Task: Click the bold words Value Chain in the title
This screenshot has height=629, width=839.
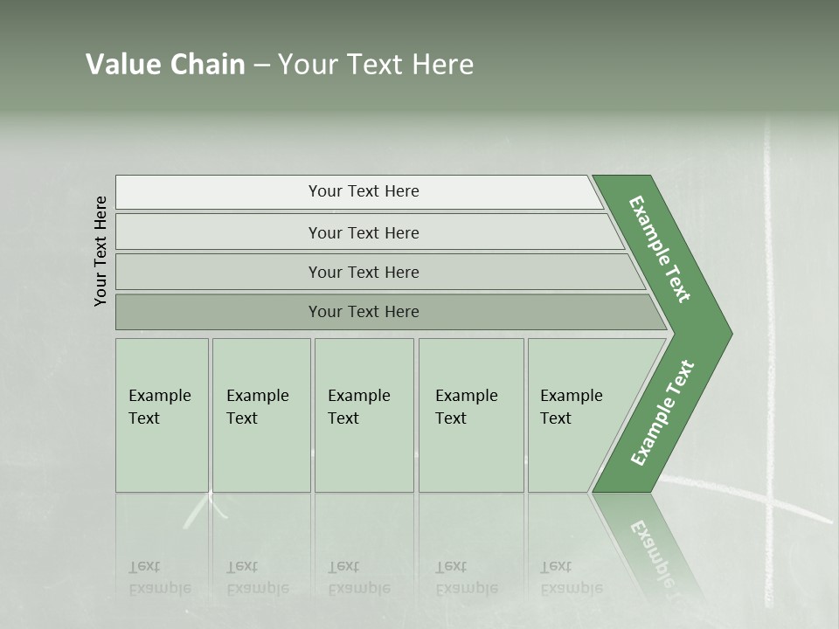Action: point(165,65)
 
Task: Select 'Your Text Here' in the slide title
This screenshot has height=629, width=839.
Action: point(376,65)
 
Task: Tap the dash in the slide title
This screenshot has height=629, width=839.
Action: point(261,66)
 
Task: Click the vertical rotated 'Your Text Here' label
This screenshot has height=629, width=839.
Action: point(101,251)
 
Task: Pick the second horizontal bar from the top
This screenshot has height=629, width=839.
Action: point(364,232)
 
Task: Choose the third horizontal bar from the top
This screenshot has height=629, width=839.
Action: point(364,272)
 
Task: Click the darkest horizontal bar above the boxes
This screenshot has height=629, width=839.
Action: point(364,312)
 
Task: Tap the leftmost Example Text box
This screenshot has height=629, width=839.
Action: point(162,415)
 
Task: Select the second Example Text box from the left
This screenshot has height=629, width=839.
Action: point(260,415)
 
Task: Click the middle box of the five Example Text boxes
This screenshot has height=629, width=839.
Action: point(364,415)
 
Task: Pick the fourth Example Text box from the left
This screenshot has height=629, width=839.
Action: point(470,415)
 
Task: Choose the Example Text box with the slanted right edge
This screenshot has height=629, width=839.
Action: point(577,415)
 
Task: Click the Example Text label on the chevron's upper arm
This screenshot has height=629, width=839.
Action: point(661,249)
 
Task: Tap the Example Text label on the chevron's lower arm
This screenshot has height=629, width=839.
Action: point(662,412)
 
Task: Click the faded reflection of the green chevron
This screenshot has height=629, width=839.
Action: point(651,542)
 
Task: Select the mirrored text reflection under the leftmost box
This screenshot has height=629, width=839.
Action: point(160,577)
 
